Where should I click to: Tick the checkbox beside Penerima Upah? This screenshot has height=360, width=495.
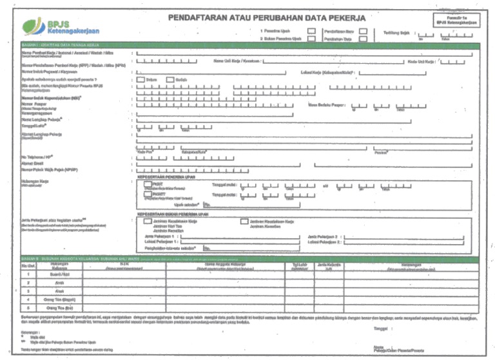coord(311,30)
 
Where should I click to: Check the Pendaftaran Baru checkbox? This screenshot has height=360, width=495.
coord(364,30)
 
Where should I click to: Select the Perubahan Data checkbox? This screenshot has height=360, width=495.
coord(364,39)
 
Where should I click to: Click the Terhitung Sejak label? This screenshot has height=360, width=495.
coord(398,33)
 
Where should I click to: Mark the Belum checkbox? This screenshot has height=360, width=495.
coord(141,80)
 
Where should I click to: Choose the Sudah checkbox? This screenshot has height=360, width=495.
coord(171,80)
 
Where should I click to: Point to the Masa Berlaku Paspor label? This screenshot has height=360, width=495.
coord(327,105)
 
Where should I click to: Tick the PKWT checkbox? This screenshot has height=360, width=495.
coord(148,185)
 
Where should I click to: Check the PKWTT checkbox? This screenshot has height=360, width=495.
coord(148,194)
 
